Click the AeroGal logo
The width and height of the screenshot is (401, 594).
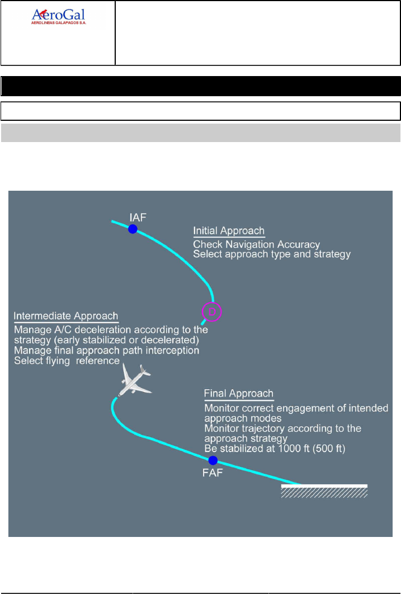[58, 17]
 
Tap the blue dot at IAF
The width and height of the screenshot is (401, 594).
[133, 229]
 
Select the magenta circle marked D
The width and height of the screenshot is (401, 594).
[211, 311]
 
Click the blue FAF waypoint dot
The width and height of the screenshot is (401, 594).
[213, 460]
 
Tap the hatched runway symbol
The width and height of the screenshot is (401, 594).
[324, 491]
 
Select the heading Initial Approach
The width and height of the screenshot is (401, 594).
[229, 231]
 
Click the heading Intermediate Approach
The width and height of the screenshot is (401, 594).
[65, 316]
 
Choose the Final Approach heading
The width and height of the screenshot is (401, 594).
[239, 394]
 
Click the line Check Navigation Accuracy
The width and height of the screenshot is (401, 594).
[256, 244]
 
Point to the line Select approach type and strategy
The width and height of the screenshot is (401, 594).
[272, 254]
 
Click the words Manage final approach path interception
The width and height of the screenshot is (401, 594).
[106, 351]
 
